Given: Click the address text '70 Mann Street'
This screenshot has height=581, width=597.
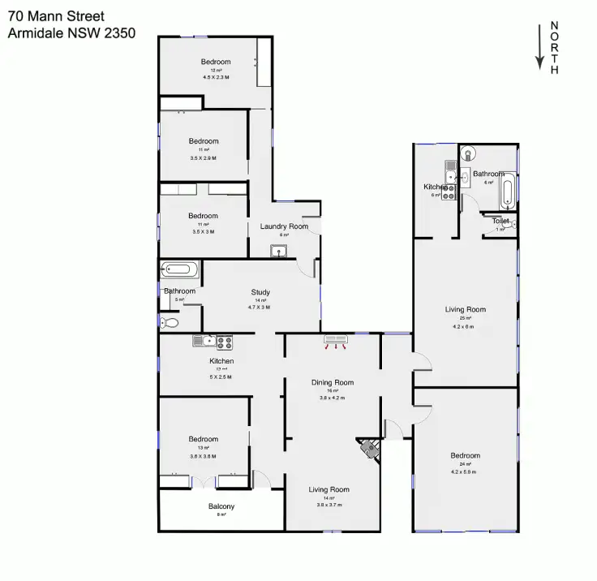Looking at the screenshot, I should pyautogui.click(x=56, y=16).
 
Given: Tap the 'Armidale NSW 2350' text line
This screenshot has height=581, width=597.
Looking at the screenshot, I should pyautogui.click(x=71, y=33).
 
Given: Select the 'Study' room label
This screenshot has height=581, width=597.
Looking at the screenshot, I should pyautogui.click(x=260, y=292).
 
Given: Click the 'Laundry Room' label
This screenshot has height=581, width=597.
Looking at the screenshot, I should pyautogui.click(x=284, y=226).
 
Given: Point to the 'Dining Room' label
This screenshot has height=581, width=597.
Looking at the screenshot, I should pyautogui.click(x=333, y=382).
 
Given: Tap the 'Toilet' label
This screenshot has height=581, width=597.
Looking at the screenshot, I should pyautogui.click(x=500, y=221).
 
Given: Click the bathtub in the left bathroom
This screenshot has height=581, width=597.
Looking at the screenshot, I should pyautogui.click(x=176, y=269).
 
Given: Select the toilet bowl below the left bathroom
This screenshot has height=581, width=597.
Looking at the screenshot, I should pyautogui.click(x=170, y=323).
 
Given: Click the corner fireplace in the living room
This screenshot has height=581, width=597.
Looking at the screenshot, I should pyautogui.click(x=370, y=449).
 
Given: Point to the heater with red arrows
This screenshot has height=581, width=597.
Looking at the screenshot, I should pyautogui.click(x=334, y=340).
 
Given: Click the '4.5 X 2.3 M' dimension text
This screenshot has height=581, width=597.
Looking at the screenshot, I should pyautogui.click(x=216, y=77).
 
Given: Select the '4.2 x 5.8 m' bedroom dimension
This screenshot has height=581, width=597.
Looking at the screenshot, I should pyautogui.click(x=465, y=471).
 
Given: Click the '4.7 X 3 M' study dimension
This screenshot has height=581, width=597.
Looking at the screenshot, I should pyautogui.click(x=260, y=308).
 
